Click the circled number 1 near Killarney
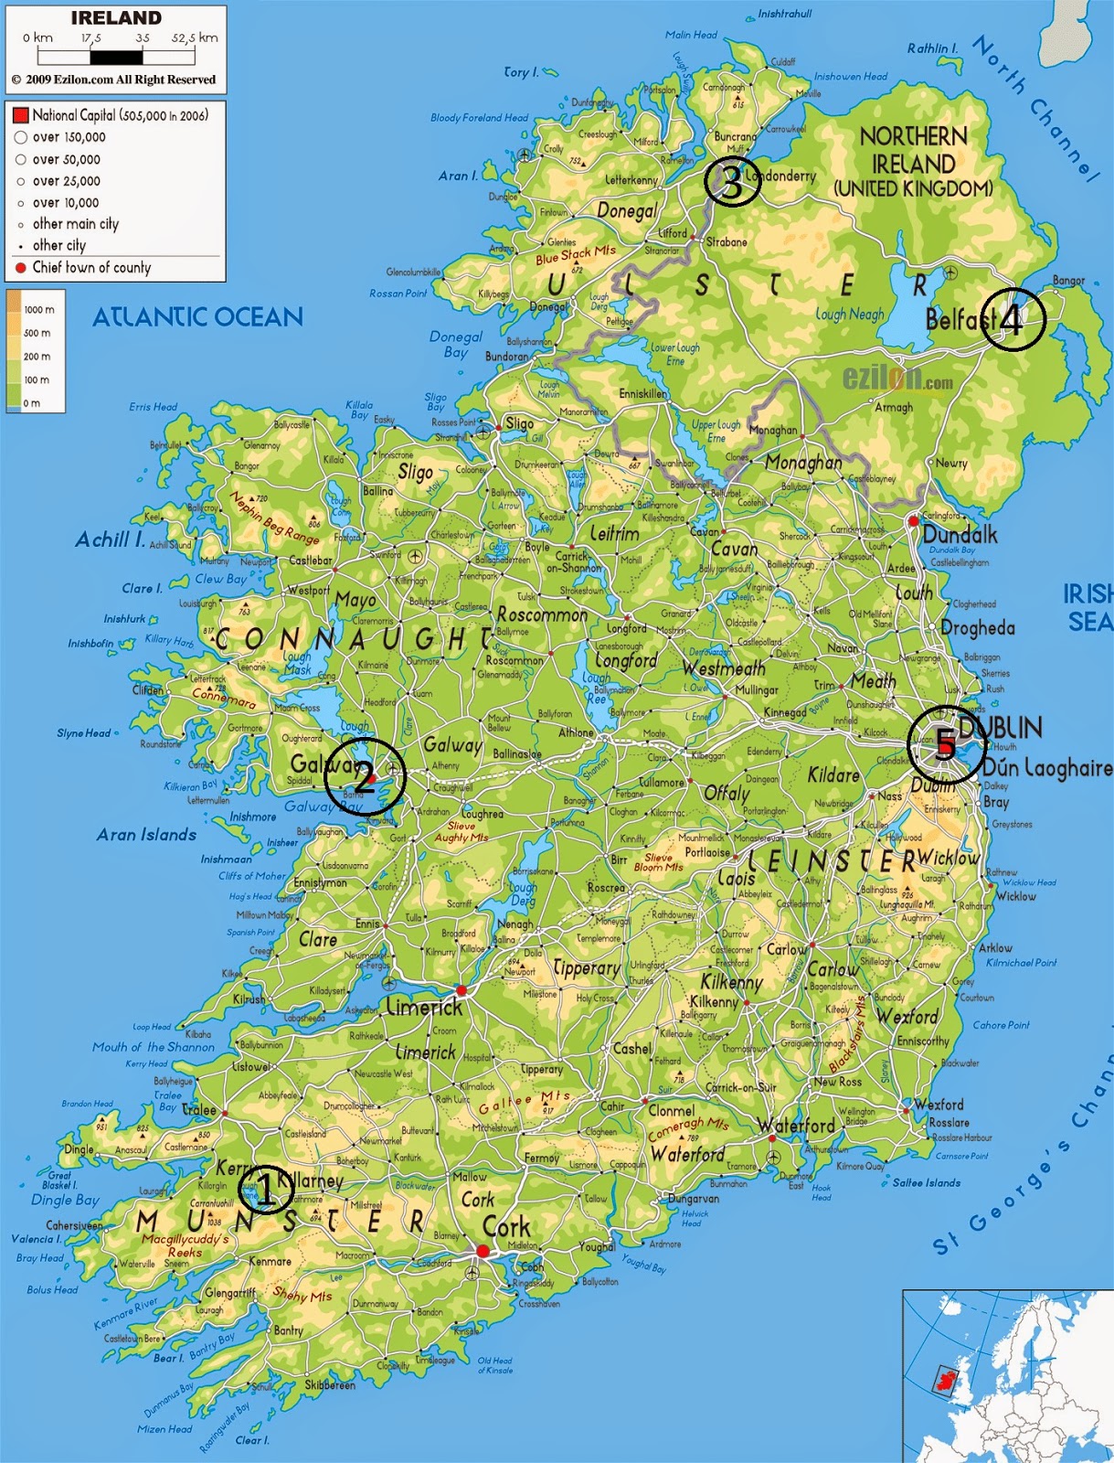[265, 1190]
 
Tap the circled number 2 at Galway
[365, 777]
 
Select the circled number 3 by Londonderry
[732, 182]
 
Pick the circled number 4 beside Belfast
[1012, 319]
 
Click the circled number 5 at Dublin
[945, 745]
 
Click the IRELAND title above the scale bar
[116, 18]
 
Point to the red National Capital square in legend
[20, 115]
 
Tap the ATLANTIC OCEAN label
[197, 317]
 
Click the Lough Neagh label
[850, 315]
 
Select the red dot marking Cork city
[483, 1251]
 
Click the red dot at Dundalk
[912, 520]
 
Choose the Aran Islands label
[146, 835]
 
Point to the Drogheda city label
[978, 628]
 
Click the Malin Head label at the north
[691, 35]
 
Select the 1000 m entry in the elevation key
[38, 310]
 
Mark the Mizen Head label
[164, 1429]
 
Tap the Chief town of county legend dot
[20, 268]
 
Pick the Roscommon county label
[542, 615]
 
